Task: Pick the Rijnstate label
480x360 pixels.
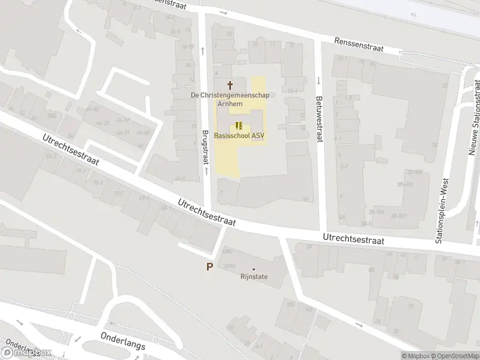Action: (254, 277)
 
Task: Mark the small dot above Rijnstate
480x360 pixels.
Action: (254, 269)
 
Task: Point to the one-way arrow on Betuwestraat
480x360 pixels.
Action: (319, 81)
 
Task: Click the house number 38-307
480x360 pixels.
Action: (399, 216)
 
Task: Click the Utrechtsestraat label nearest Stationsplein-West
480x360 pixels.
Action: (353, 239)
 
